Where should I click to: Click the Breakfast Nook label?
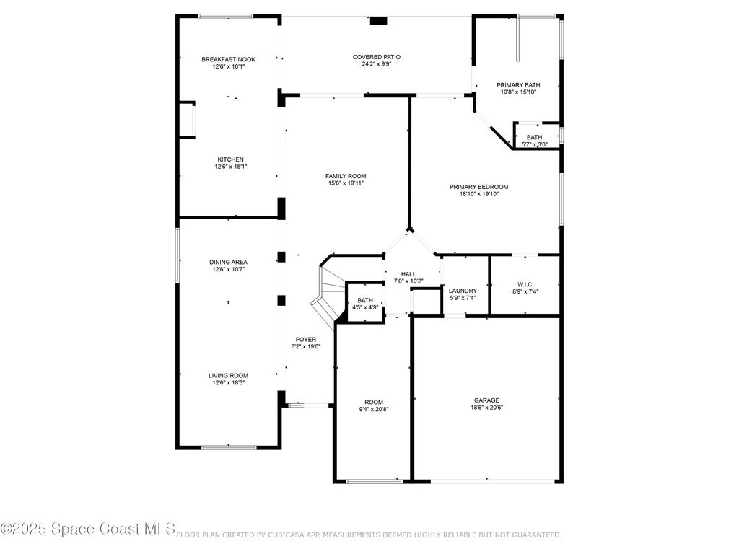pyautogui.click(x=229, y=59)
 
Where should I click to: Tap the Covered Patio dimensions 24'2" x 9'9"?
pyautogui.click(x=377, y=64)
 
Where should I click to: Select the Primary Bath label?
pyautogui.click(x=518, y=85)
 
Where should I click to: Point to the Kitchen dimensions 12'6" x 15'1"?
pyautogui.click(x=231, y=167)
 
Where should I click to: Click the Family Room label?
pyautogui.click(x=346, y=176)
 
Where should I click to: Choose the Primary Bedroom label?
pyautogui.click(x=479, y=187)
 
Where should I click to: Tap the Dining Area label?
pyautogui.click(x=229, y=263)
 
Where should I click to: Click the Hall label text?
pyautogui.click(x=408, y=274)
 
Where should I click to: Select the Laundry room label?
pyautogui.click(x=463, y=291)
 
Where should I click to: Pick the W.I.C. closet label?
pyautogui.click(x=525, y=284)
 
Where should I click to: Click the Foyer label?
pyautogui.click(x=306, y=340)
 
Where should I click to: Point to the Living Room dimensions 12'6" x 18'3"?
pyautogui.click(x=229, y=383)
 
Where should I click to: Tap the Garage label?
pyautogui.click(x=487, y=400)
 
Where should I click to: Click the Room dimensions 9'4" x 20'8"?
pyautogui.click(x=374, y=410)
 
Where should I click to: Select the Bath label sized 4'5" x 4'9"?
pyautogui.click(x=365, y=301)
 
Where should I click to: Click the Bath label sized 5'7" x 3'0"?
pyautogui.click(x=535, y=138)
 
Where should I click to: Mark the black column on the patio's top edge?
pyautogui.click(x=378, y=20)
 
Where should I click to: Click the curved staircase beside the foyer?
pyautogui.click(x=328, y=295)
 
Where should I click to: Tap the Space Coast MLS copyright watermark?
pyautogui.click(x=88, y=529)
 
